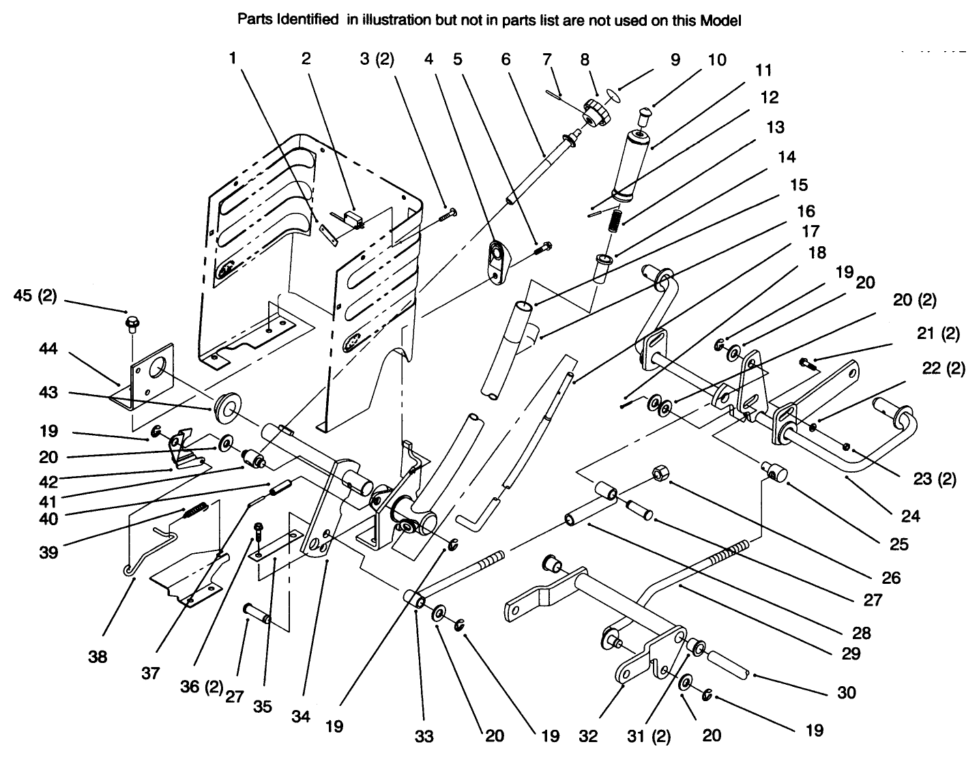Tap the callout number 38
98,658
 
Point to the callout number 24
910,516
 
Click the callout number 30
846,692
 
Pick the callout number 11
763,70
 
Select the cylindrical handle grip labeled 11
633,165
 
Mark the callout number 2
306,58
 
